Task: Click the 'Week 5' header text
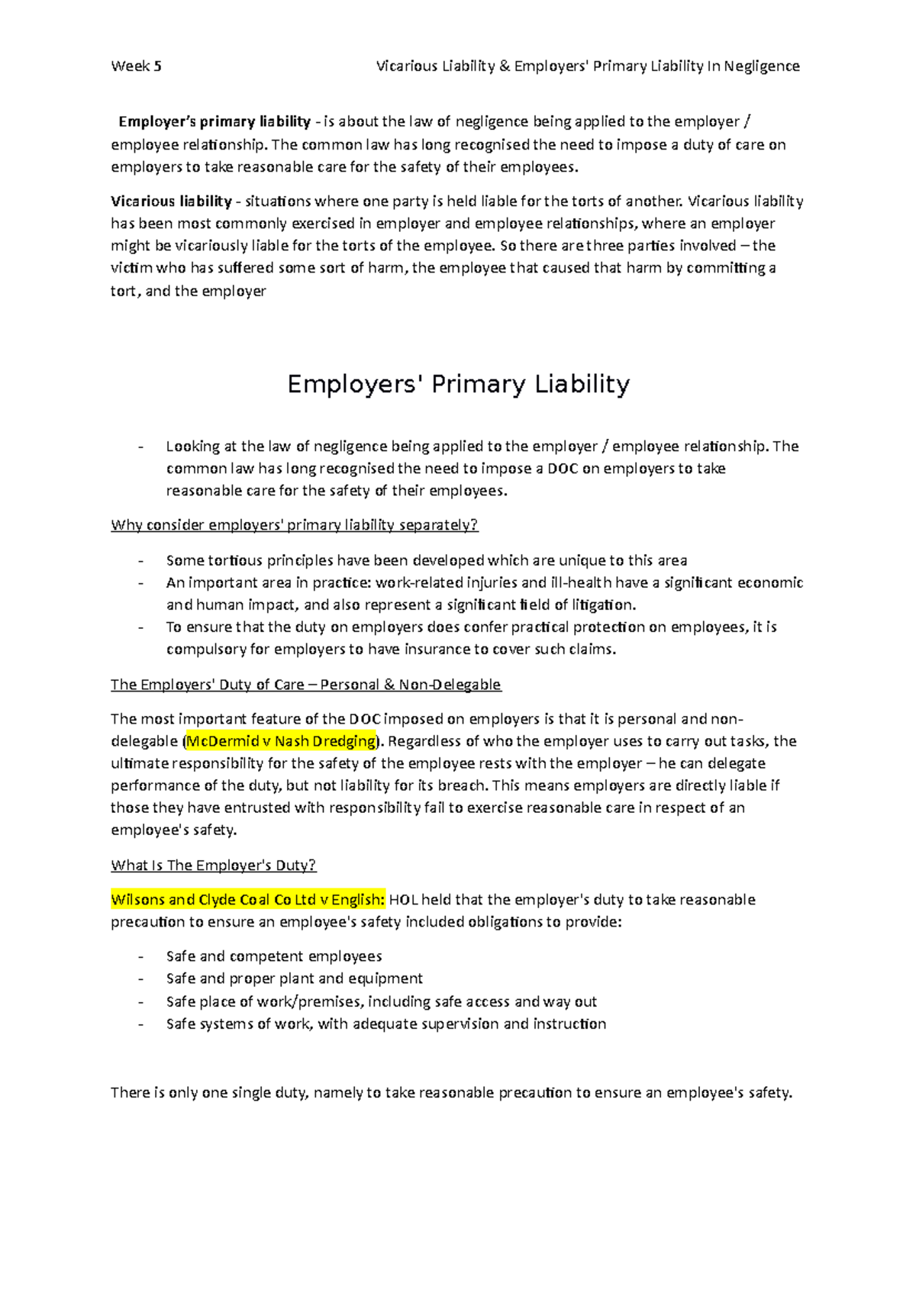(136, 66)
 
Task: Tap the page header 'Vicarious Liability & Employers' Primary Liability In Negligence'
(588, 66)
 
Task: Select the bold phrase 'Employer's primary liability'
(214, 122)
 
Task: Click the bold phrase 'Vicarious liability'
(171, 201)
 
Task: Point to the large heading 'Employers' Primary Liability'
(458, 384)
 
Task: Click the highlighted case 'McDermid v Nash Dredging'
(282, 741)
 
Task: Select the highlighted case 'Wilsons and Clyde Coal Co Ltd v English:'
(248, 900)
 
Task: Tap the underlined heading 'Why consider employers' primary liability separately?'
(294, 525)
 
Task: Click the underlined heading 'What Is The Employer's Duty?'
(213, 866)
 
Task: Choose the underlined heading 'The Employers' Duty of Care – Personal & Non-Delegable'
(305, 685)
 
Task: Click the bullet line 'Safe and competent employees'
(274, 956)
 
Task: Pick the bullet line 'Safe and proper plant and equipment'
(294, 978)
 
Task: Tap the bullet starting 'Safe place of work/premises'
(381, 1001)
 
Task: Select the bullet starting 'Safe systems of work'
(385, 1024)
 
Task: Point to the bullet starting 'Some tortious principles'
(426, 560)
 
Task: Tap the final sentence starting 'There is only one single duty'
(451, 1093)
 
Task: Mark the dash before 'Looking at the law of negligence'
(140, 447)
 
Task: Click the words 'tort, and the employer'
(188, 291)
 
